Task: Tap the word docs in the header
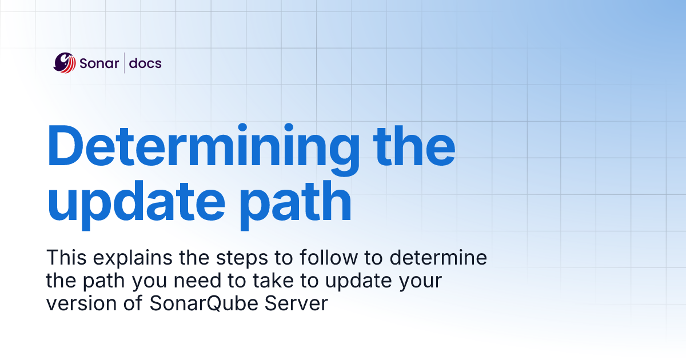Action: click(x=145, y=63)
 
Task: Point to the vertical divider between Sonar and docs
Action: click(x=125, y=63)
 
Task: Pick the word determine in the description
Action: click(x=438, y=258)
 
